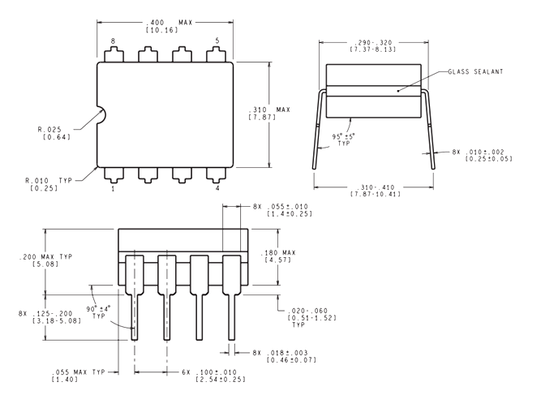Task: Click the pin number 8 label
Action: pyautogui.click(x=113, y=41)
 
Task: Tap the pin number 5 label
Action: pyautogui.click(x=217, y=41)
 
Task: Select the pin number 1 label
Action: pyautogui.click(x=113, y=189)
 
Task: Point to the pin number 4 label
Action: pyautogui.click(x=217, y=188)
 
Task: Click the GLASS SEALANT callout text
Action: pyautogui.click(x=475, y=72)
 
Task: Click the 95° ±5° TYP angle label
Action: pyautogui.click(x=343, y=140)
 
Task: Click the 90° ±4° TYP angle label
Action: pyautogui.click(x=99, y=311)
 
